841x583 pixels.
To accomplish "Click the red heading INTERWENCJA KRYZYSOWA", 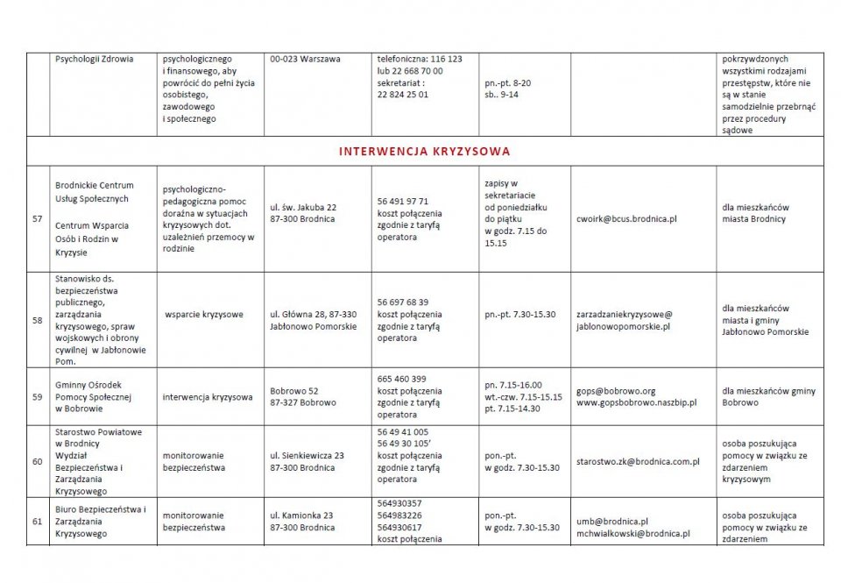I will [x=424, y=151].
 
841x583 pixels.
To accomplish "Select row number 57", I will [x=38, y=219].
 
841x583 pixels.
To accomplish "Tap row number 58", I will [x=38, y=320].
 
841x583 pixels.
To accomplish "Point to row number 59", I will [x=38, y=396].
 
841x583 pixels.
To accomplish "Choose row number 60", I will [x=38, y=461].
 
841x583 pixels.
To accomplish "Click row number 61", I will [x=38, y=521].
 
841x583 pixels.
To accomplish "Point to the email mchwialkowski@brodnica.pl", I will [x=633, y=533].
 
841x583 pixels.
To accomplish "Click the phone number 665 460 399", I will [x=401, y=378].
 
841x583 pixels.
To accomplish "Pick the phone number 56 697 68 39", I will [x=403, y=302].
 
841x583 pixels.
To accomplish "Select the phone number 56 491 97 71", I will [x=403, y=201].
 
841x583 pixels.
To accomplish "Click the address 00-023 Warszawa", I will [x=306, y=59].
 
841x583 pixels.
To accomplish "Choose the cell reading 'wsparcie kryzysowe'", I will [x=204, y=314].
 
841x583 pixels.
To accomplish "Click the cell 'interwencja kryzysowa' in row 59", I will [x=208, y=396].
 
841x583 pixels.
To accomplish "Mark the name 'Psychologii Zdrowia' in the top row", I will [x=94, y=59].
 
